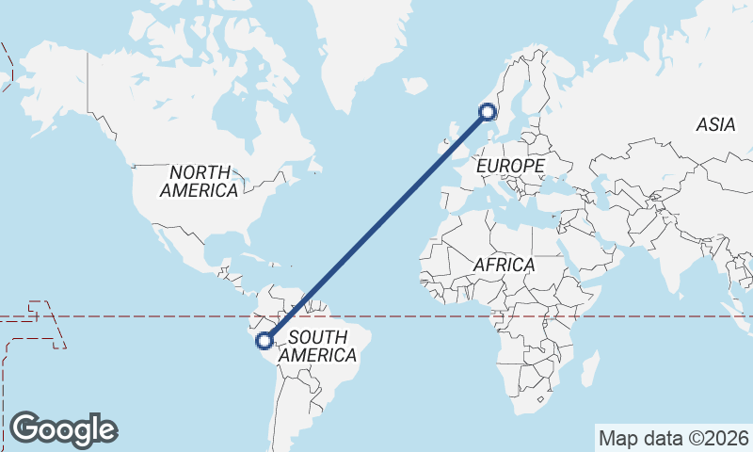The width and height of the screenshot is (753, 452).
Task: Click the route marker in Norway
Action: tap(488, 112)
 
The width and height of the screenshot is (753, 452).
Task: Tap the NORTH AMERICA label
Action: tap(199, 181)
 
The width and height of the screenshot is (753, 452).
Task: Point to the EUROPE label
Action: tap(511, 166)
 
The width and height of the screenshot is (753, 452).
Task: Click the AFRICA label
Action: tap(504, 266)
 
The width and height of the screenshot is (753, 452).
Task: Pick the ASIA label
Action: tap(715, 124)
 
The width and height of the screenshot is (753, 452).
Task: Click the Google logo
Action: tap(64, 429)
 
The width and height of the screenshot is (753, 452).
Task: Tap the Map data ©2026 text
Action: tap(673, 438)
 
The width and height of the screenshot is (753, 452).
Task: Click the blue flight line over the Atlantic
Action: tap(376, 226)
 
